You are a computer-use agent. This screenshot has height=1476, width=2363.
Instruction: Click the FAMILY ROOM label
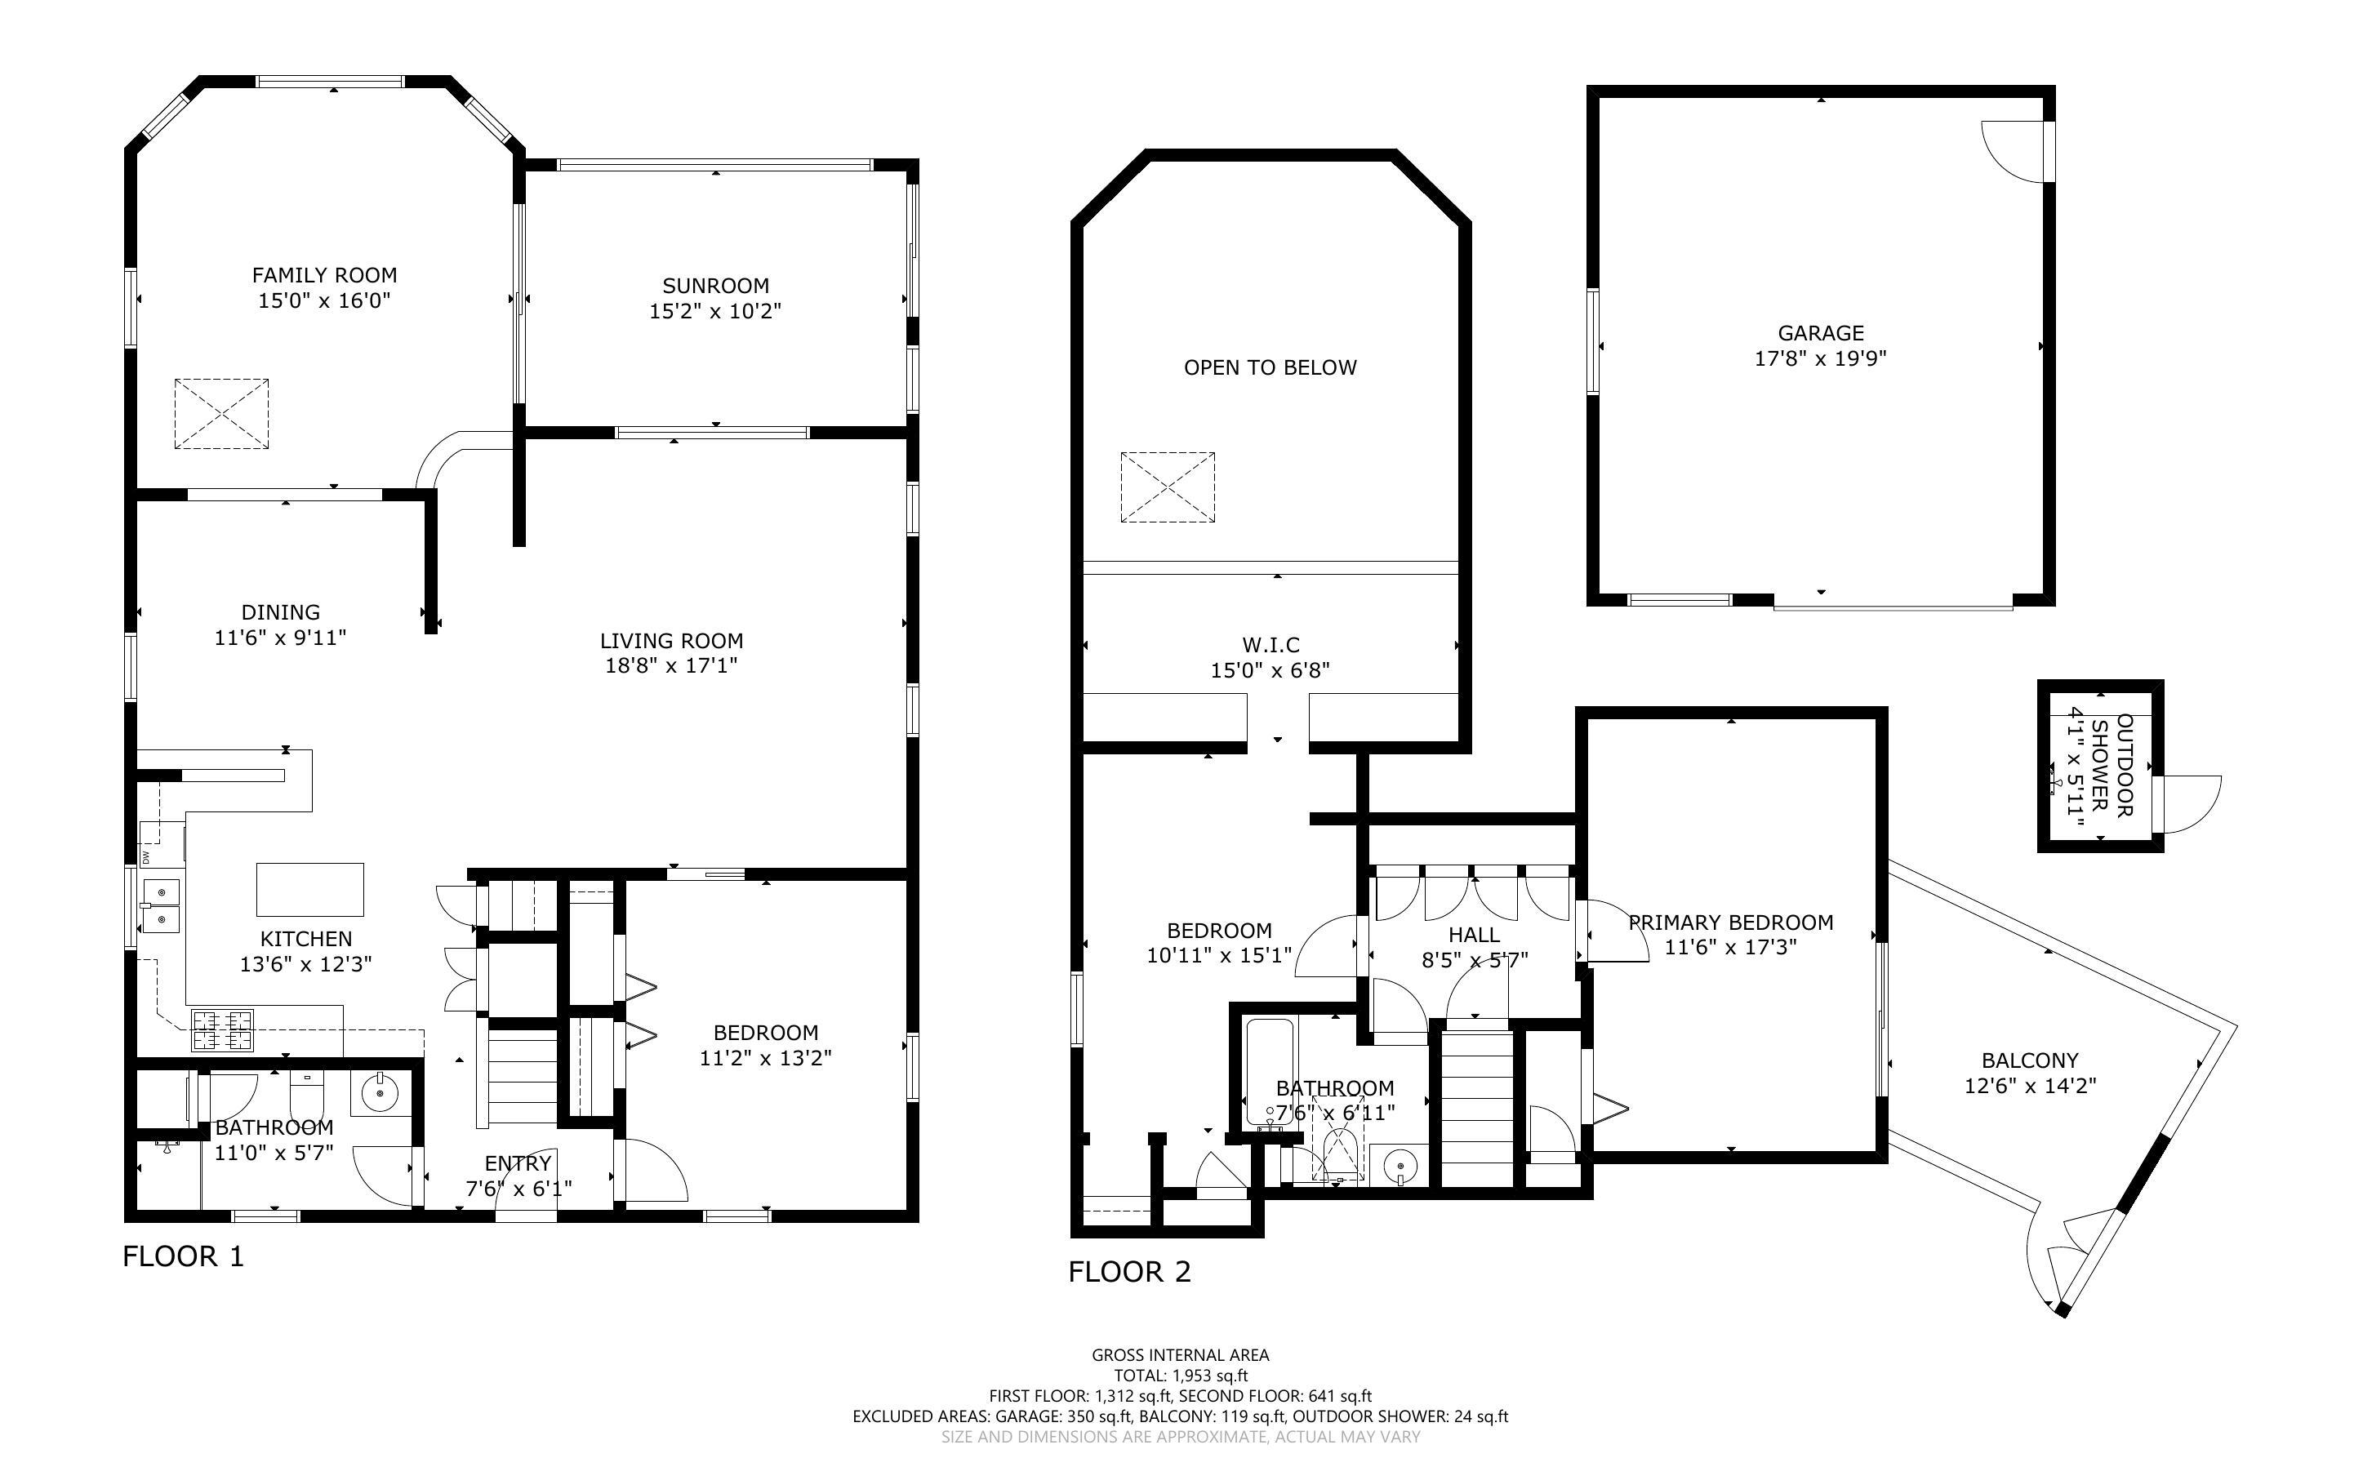324,275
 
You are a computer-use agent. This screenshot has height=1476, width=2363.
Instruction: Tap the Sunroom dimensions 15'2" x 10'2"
715,311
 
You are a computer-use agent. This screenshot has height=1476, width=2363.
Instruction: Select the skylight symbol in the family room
221,414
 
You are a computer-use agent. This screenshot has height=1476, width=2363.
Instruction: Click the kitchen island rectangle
309,889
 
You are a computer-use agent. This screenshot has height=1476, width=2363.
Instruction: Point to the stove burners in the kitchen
223,1031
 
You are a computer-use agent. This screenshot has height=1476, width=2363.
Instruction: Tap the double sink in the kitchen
160,905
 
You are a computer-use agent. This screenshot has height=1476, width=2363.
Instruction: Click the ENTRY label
518,1163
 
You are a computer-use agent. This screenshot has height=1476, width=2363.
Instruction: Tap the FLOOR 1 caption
183,1256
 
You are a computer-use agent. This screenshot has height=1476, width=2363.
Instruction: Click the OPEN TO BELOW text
1270,368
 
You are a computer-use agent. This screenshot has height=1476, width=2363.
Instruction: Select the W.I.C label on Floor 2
1270,645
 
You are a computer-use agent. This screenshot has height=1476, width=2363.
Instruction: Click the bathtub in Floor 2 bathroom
1270,1072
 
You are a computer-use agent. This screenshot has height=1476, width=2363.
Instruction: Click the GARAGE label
1820,333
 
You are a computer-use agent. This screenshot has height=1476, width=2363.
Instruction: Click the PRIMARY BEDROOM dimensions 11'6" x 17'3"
1730,947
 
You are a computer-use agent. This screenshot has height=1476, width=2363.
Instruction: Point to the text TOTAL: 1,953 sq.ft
1180,1376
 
